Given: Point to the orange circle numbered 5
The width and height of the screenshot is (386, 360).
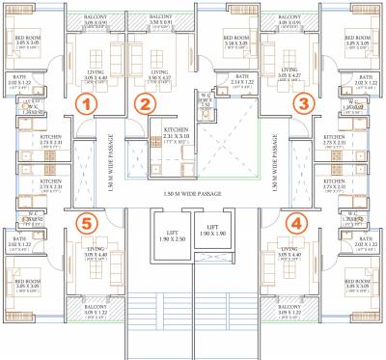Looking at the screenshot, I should [x=88, y=223].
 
